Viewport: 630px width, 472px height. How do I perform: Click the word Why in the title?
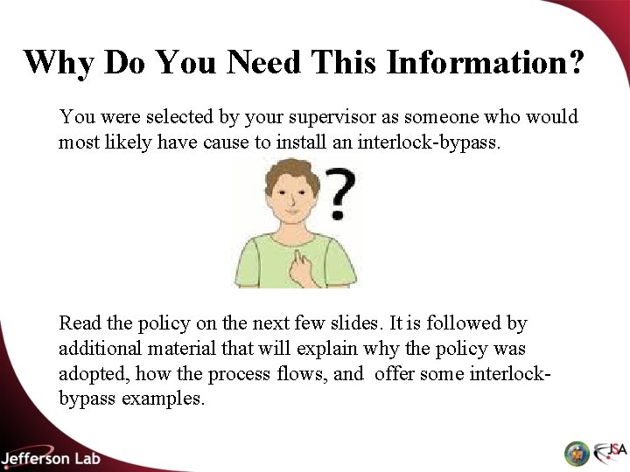coord(59,62)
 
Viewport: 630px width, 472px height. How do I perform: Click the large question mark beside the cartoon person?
coord(339,194)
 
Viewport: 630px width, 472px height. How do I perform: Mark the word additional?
coord(97,349)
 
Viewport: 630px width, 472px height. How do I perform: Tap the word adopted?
coord(91,373)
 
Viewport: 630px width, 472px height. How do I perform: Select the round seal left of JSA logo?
coord(576,453)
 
